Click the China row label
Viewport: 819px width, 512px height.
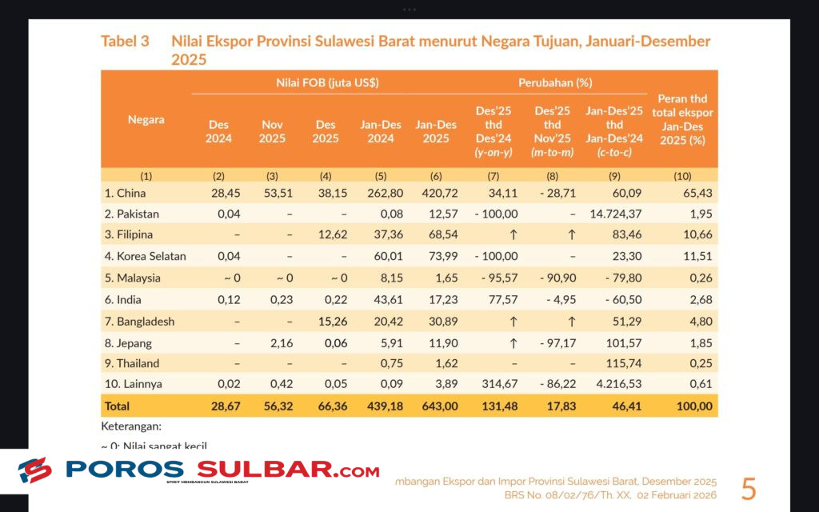point(126,193)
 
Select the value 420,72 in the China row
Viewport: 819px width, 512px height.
point(437,193)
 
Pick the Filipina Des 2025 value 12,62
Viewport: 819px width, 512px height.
point(326,235)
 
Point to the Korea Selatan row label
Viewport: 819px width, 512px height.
point(145,257)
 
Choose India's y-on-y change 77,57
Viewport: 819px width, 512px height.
point(500,299)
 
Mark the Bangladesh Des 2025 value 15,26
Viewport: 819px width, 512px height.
point(326,321)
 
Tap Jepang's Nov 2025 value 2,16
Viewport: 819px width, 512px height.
point(272,342)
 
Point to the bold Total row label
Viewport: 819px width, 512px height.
point(117,406)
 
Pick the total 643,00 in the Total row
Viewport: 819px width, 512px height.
point(437,406)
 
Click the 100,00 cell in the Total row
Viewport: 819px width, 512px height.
point(693,406)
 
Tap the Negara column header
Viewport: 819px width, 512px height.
point(146,120)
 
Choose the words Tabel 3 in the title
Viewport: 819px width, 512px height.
point(125,42)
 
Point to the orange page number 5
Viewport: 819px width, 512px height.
point(749,488)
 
